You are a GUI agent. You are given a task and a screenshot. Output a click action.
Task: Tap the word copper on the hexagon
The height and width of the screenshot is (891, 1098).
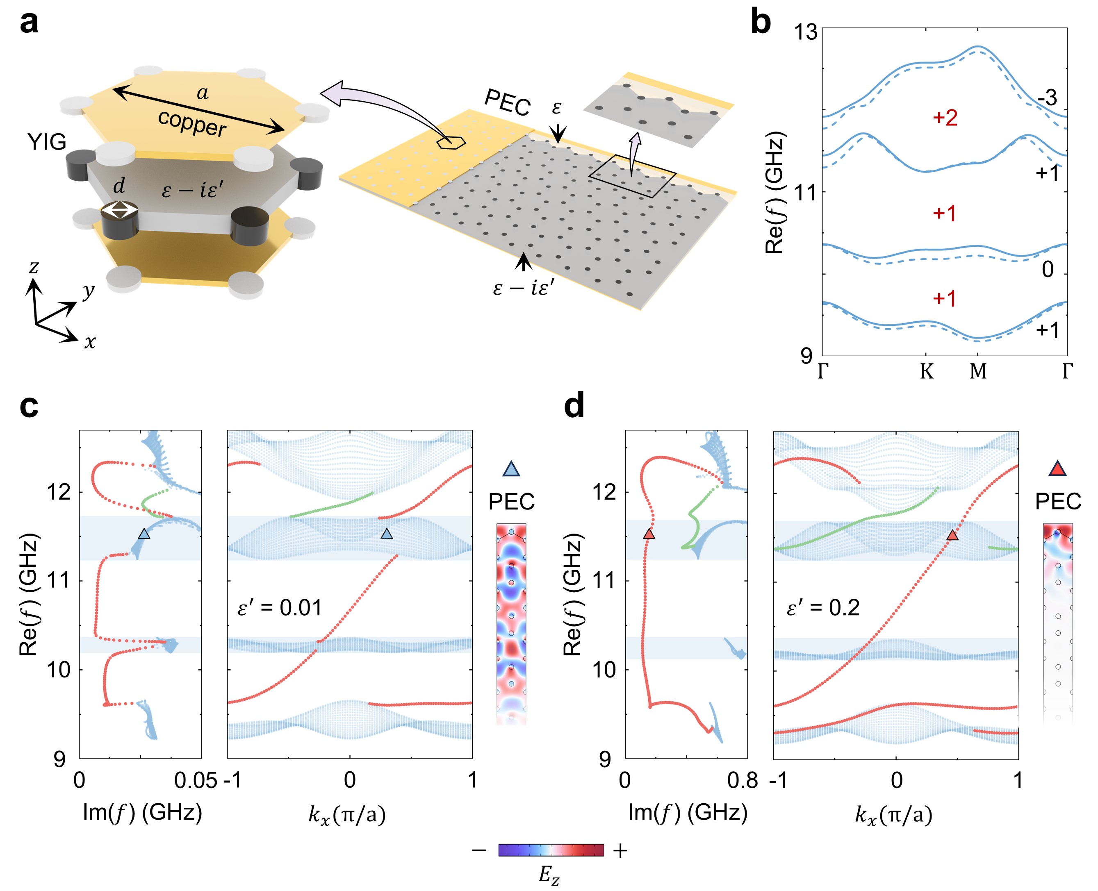192,124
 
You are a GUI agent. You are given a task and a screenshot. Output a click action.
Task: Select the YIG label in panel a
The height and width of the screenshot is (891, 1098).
47,142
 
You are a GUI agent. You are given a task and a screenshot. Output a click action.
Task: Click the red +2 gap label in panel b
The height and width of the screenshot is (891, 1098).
945,118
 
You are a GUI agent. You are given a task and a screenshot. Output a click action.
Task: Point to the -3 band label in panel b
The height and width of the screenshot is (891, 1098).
1047,98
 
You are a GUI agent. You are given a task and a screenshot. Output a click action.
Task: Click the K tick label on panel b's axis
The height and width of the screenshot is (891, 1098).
926,370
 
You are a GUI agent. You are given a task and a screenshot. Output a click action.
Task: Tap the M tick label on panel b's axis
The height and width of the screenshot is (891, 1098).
978,370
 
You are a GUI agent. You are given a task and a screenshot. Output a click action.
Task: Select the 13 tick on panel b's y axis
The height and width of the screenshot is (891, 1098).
805,32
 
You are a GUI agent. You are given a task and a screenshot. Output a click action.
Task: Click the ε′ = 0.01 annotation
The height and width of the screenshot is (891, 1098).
280,608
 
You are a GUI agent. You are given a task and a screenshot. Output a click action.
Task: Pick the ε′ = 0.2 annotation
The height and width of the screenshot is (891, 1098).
823,608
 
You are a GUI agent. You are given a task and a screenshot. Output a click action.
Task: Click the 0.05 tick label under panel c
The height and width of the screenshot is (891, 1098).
195,781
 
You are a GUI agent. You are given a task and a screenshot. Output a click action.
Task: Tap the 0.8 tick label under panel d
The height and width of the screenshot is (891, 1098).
742,781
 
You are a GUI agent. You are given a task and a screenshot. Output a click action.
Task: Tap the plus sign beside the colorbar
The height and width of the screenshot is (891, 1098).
620,851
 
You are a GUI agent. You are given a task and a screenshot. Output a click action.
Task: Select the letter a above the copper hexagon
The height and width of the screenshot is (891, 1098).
203,93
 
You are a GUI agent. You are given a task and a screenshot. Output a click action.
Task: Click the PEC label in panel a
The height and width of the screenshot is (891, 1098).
507,102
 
